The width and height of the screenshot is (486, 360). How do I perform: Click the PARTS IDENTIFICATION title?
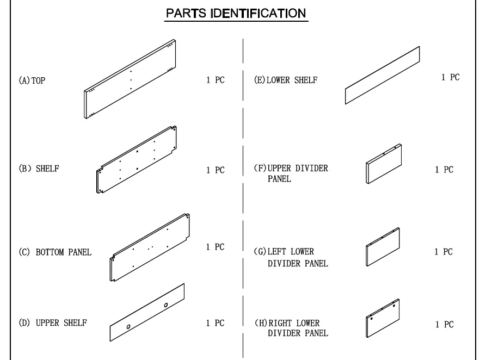(236, 13)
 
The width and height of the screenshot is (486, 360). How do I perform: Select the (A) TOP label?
(32, 80)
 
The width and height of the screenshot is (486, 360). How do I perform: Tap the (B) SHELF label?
(39, 169)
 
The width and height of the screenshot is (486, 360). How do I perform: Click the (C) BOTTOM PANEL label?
(55, 252)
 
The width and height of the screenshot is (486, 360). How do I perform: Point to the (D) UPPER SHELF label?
(53, 322)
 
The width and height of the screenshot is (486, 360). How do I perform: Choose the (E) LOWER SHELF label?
(286, 80)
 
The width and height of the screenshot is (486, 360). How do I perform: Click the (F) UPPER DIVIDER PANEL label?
(291, 173)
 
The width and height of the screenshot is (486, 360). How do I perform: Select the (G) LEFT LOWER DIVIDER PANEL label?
(291, 257)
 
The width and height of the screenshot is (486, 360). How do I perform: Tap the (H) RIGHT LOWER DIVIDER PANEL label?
(291, 328)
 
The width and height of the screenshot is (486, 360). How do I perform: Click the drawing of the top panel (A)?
(130, 79)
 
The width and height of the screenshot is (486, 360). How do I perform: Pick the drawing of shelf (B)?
(137, 159)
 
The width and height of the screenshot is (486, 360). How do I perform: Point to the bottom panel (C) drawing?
(150, 247)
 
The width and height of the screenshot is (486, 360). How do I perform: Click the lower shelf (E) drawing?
(383, 75)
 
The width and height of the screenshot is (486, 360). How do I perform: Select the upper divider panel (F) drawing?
(384, 164)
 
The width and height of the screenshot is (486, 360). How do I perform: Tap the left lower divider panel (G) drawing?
(383, 246)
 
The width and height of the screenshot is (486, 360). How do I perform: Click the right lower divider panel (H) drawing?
(383, 318)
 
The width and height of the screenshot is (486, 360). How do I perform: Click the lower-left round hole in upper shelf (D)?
(128, 326)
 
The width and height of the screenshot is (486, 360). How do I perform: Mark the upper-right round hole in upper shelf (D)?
(166, 305)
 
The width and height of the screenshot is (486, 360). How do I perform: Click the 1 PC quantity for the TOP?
(216, 80)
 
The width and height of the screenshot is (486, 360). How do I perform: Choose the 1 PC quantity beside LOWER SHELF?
(451, 77)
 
